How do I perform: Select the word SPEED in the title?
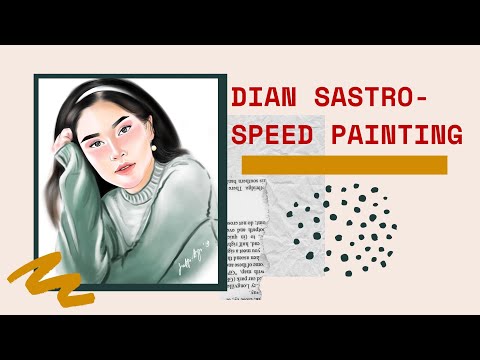point(279,135)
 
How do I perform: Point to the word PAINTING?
point(398,135)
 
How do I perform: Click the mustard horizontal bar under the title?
point(344,164)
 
